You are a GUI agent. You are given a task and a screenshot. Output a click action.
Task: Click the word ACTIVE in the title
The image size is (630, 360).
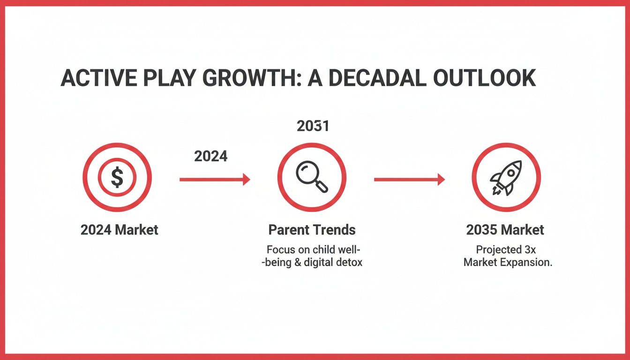click(96, 78)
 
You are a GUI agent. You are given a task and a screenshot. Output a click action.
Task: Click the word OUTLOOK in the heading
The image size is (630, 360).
click(484, 78)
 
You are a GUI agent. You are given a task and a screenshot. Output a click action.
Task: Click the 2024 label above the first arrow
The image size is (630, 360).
click(211, 156)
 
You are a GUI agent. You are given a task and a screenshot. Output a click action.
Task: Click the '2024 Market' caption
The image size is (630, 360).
click(120, 230)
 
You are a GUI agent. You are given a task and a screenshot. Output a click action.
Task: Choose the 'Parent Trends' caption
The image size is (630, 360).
click(312, 230)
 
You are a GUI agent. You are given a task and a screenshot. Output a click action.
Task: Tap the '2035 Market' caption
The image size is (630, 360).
click(505, 230)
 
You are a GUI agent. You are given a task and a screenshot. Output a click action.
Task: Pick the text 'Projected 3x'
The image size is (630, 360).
click(506, 250)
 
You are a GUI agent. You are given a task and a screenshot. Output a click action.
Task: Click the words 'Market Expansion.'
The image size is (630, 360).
click(508, 262)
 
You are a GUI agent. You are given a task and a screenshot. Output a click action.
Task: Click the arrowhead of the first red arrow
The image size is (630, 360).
click(246, 179)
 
